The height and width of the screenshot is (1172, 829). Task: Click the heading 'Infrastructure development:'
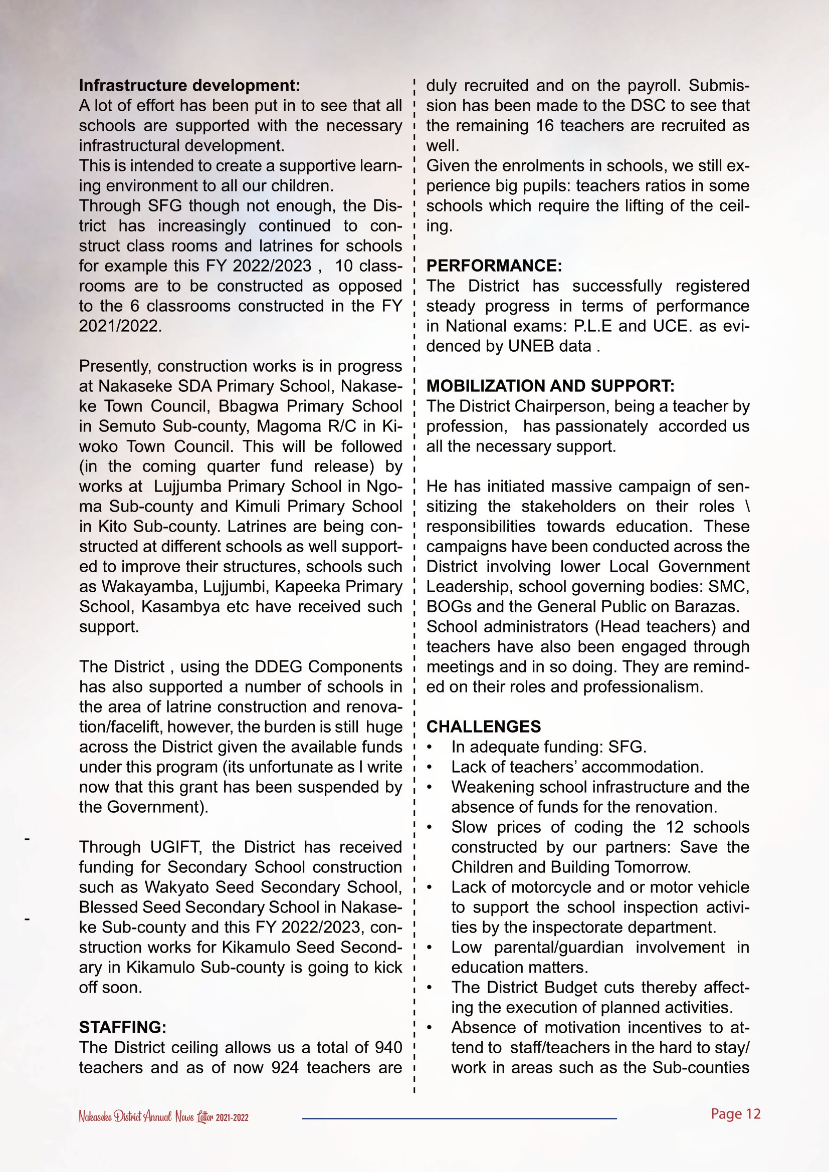tap(189, 85)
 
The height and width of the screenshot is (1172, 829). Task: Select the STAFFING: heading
tap(122, 1027)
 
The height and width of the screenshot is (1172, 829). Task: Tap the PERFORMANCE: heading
tap(494, 266)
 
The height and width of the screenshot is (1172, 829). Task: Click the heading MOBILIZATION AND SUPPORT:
tap(550, 386)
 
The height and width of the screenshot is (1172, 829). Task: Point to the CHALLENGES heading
tap(483, 727)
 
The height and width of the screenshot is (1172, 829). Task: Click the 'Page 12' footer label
tap(736, 1113)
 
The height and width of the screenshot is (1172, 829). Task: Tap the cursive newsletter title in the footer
tap(163, 1116)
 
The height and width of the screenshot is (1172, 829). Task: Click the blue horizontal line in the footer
tap(460, 1118)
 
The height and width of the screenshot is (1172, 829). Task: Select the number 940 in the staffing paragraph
tap(388, 1047)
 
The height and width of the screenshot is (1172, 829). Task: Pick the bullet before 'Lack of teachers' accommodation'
tap(430, 767)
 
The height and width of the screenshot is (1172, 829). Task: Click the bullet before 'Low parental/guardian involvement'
tap(430, 948)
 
